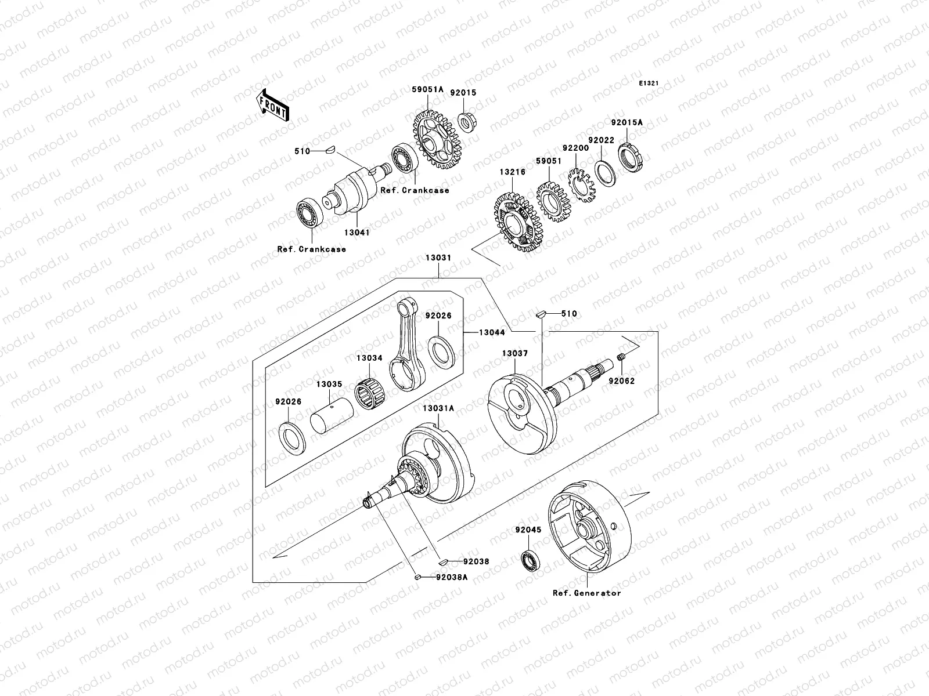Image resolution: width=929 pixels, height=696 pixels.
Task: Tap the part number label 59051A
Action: click(x=428, y=89)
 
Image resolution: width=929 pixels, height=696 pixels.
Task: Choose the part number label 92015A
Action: click(x=626, y=123)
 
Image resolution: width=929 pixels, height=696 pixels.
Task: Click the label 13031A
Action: click(x=438, y=408)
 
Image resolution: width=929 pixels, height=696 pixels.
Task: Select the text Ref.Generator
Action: click(x=586, y=593)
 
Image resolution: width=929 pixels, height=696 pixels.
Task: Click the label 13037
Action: click(x=514, y=353)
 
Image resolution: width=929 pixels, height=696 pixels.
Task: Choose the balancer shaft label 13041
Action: click(x=357, y=232)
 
